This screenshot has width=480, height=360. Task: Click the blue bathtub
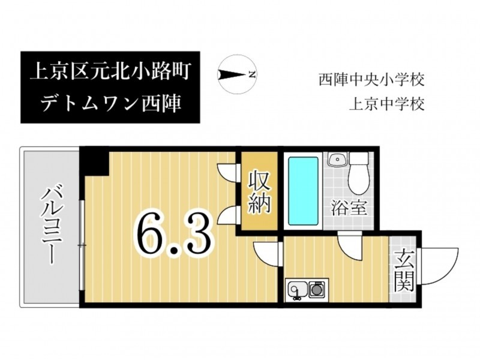303,191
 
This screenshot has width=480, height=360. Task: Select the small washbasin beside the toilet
338,159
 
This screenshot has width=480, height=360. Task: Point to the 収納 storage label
259,192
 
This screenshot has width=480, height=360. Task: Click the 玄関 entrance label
404,271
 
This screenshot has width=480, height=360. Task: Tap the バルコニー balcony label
52,226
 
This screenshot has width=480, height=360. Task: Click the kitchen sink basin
297,290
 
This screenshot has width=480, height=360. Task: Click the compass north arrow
232,74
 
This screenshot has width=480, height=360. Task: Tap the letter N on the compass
252,74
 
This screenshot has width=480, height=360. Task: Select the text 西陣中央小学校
371,80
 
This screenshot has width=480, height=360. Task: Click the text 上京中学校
387,104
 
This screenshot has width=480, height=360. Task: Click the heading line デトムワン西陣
110,103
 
